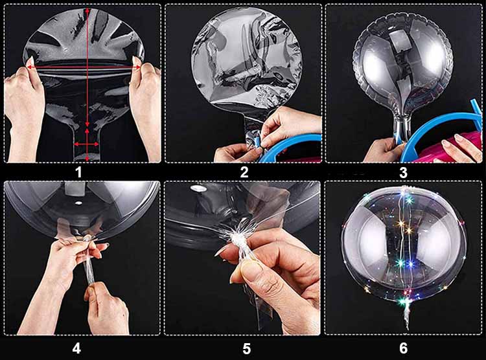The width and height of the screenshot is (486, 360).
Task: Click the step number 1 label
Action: (x=78, y=172)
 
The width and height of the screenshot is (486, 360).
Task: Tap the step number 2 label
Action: (x=244, y=172)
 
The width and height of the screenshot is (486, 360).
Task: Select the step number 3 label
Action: (x=403, y=173)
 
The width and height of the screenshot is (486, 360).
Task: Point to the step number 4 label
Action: (x=76, y=348)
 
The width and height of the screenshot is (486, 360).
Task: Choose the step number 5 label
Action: (x=246, y=349)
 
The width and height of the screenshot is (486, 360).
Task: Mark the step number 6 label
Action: (x=403, y=348)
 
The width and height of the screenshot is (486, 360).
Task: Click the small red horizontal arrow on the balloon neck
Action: (x=86, y=144)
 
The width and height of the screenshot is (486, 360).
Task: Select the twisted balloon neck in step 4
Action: (x=87, y=260)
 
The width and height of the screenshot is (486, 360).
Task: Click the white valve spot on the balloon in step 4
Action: (x=78, y=203)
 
